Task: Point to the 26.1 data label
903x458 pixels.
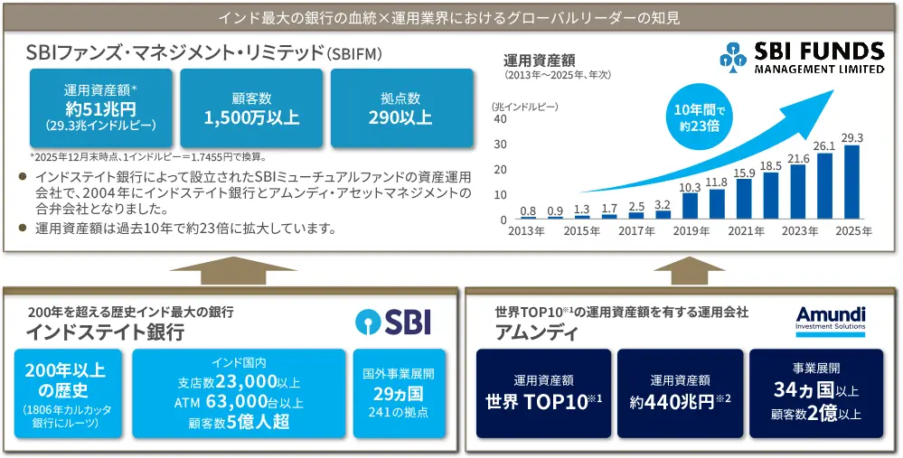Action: click(823, 145)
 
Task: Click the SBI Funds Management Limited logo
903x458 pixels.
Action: click(802, 57)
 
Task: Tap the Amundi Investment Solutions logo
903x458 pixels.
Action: click(831, 319)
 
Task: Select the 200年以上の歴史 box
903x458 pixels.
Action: click(65, 393)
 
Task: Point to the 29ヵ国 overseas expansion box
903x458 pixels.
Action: click(399, 393)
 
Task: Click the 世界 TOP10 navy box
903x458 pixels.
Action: click(543, 394)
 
